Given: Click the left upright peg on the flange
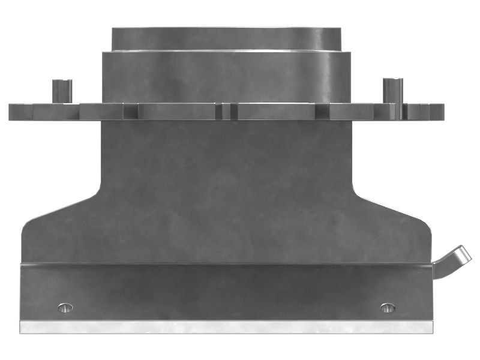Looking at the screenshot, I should coord(62,91).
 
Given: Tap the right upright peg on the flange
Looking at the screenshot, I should coord(393,91).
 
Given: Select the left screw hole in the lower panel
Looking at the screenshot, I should coord(65,308).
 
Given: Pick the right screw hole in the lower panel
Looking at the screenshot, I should coord(388,308).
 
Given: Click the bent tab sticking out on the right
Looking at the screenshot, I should coord(454,259).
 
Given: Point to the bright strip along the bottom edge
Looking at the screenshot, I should coord(226,327).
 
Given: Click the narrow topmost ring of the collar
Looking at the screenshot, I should coord(227,38).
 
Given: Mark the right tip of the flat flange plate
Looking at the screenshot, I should coord(443,112).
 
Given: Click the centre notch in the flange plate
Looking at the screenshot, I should coord(226,112).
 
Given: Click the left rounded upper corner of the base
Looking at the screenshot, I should coord(25,226).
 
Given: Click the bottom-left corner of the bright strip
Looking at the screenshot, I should coord(20,333).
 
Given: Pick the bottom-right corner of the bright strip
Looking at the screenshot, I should coord(432,333).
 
